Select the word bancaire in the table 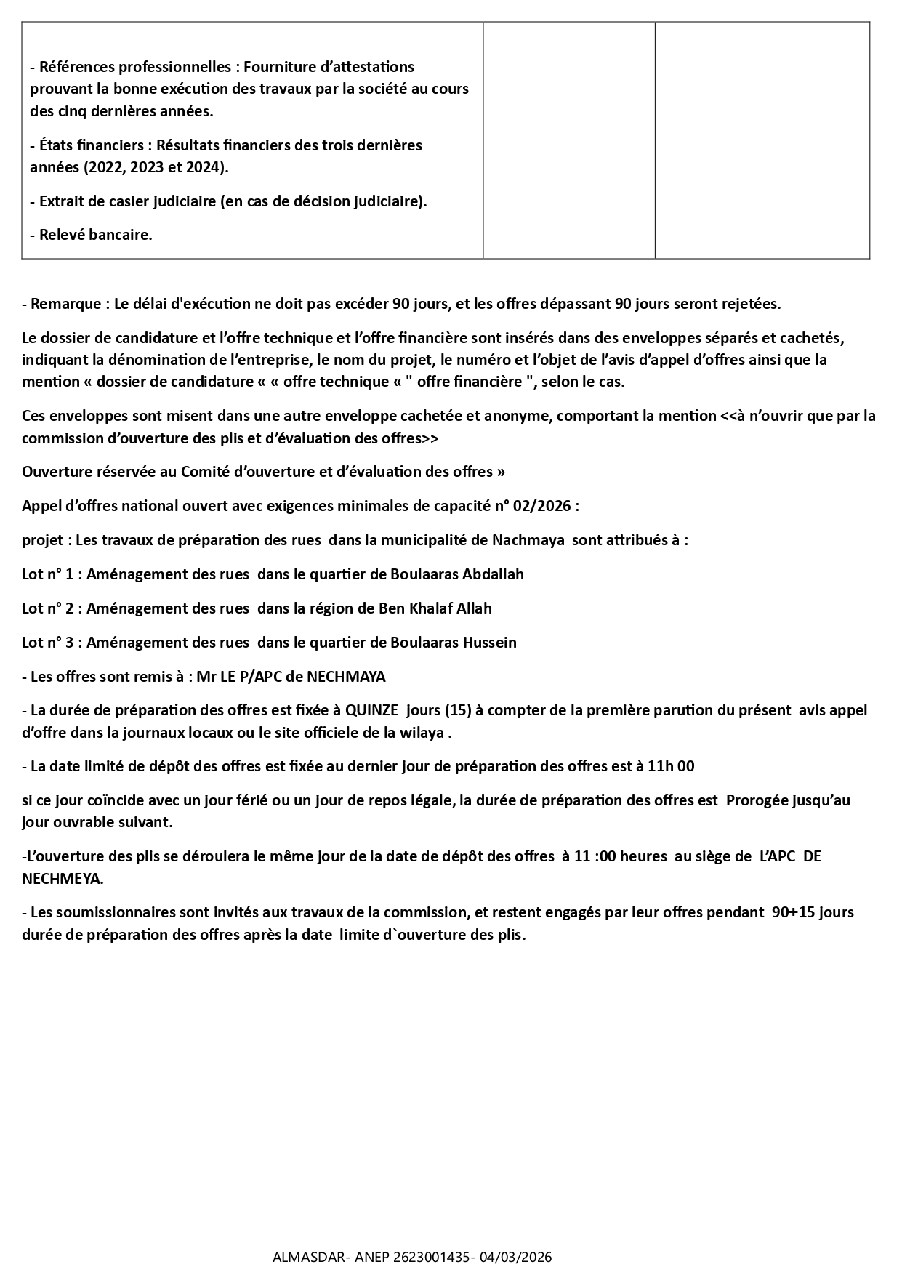pos(121,235)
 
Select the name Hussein pos(488,643)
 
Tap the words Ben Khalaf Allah pos(435,608)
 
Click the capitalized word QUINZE pos(371,710)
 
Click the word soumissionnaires pos(113,912)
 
